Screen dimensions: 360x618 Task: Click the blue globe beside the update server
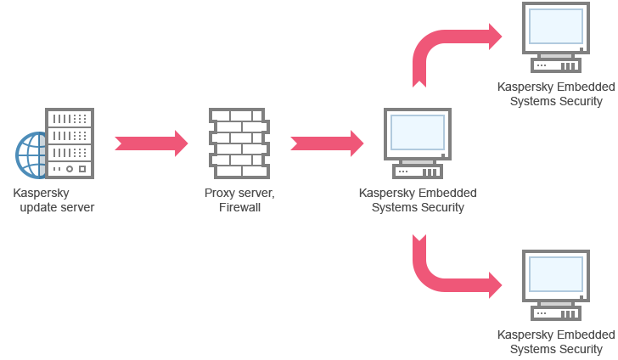point(31,155)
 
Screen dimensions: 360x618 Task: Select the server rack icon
point(70,143)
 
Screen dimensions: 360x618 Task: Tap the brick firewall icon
point(239,143)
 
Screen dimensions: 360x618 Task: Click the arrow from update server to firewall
point(150,143)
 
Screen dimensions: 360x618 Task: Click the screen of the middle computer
point(418,132)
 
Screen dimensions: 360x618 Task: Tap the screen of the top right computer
point(556,26)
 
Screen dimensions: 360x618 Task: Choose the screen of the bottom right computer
point(556,274)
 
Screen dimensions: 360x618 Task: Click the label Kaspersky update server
point(53,200)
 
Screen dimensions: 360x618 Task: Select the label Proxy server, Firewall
point(239,200)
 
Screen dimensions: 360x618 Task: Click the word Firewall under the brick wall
point(239,207)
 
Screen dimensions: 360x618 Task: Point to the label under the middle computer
point(418,200)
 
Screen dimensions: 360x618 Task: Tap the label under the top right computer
point(556,93)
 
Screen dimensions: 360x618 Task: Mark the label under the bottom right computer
point(556,341)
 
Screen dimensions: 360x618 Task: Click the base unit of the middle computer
point(418,172)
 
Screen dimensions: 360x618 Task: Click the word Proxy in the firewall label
point(219,193)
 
